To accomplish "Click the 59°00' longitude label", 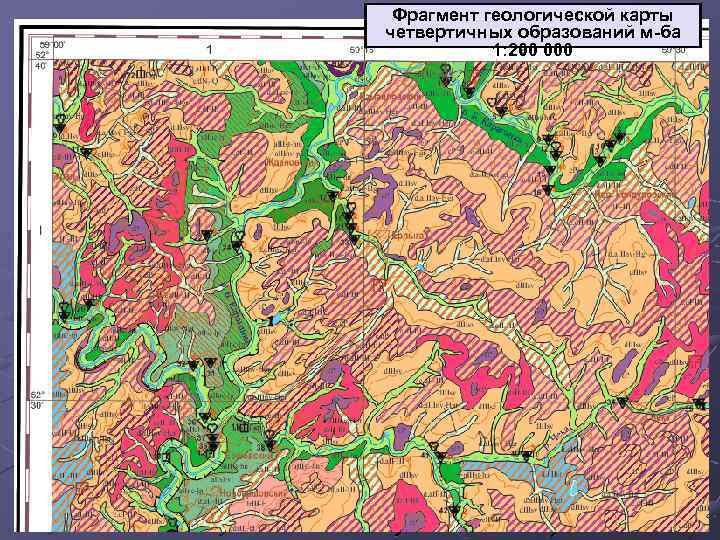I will click(53, 45).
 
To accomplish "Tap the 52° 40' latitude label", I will click(40, 61).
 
